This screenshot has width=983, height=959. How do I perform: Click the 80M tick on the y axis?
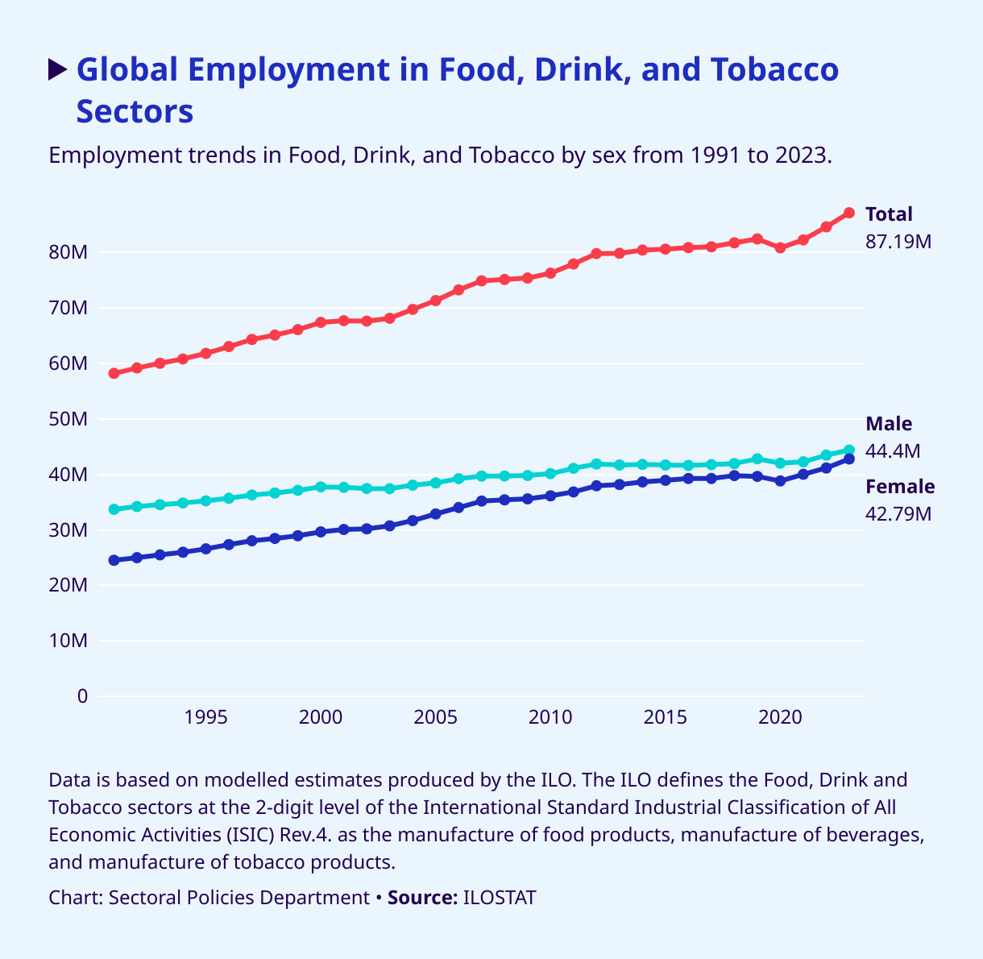pos(68,253)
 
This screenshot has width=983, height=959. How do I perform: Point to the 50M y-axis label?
pos(68,420)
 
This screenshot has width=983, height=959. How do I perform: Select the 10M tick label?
pos(68,641)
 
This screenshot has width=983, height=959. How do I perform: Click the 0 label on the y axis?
pos(81,696)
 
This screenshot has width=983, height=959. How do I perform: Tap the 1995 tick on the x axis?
pos(205,717)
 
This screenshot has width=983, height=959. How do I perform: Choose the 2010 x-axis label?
pos(550,717)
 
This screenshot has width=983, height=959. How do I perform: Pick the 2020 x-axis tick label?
pos(780,717)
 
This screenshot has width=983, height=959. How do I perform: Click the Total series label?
pos(889,214)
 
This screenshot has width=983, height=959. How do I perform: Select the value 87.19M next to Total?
pos(898,241)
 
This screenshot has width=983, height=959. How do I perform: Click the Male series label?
pos(889,425)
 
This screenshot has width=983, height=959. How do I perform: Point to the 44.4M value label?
pos(893,451)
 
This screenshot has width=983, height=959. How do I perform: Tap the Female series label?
pos(900,487)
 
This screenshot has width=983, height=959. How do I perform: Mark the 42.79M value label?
pos(898,513)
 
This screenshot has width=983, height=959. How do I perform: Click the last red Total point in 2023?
pos(848,213)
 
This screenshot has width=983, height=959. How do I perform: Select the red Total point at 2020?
pos(780,248)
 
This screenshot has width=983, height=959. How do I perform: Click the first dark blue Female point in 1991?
pos(114,560)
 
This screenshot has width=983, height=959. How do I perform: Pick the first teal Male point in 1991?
pos(114,509)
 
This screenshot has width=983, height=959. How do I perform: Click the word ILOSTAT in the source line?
pos(500,898)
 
